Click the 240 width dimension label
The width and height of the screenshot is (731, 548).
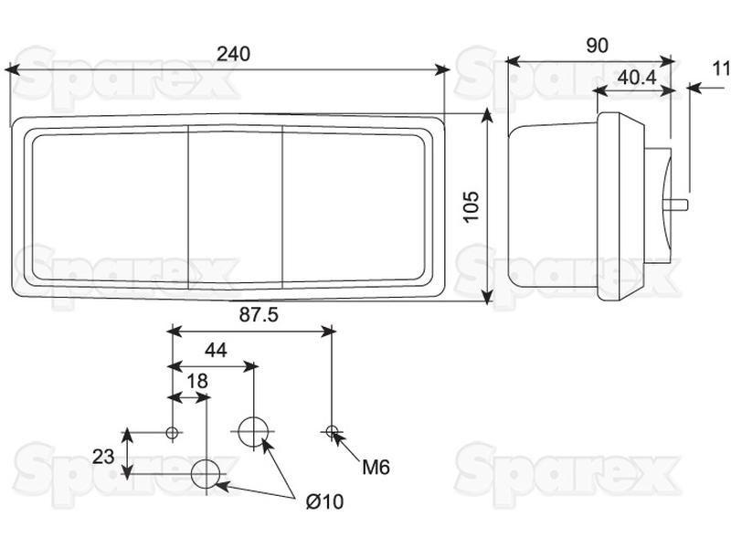point(233,54)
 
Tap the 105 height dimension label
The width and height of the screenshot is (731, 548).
point(471,207)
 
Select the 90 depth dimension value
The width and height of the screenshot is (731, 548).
point(598,45)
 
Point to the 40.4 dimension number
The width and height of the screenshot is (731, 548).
point(637,78)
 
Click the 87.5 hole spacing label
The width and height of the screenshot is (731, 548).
point(259,315)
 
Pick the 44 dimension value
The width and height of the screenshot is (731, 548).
point(216,350)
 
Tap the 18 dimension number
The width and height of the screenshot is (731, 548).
point(197,381)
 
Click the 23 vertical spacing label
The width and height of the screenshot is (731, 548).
point(103,457)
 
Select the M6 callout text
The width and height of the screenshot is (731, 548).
point(376,467)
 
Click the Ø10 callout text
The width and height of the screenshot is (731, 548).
point(325,501)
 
